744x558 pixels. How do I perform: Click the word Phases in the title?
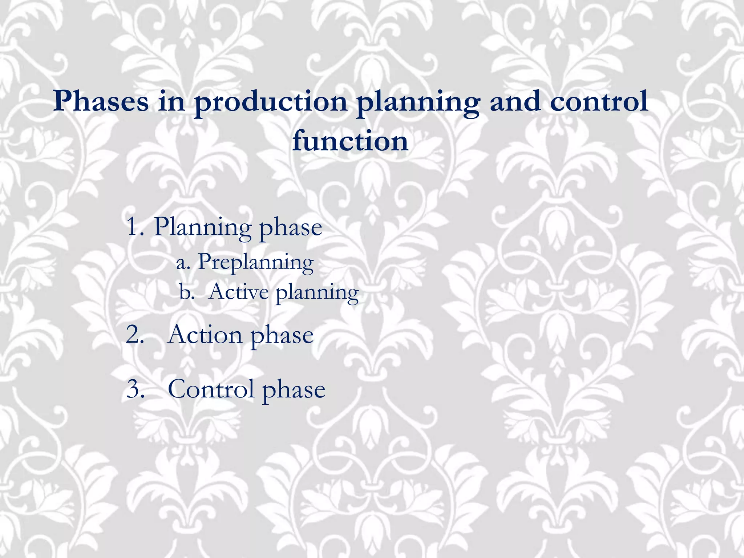101,101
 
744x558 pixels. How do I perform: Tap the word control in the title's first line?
599,101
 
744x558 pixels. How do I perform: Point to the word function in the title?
350,141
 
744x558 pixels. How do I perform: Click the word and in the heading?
515,101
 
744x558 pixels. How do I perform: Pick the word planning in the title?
418,103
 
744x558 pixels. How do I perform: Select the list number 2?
135,334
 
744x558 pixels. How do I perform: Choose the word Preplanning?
255,262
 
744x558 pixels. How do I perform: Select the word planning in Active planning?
317,293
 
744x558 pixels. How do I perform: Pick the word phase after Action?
282,336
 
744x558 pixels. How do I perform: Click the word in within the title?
171,101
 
